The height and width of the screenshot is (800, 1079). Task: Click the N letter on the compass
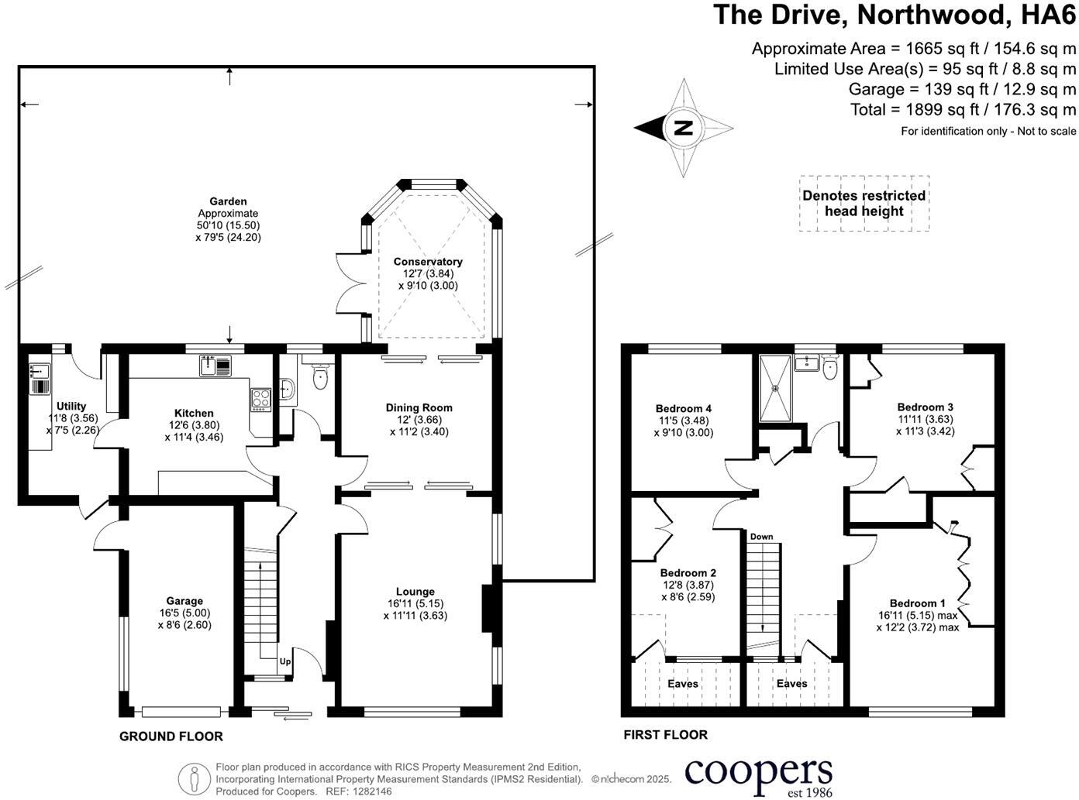(684, 128)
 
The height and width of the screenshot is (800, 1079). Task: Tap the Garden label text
(228, 201)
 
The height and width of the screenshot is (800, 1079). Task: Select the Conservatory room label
(428, 262)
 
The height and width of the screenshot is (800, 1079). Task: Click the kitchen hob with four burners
(260, 400)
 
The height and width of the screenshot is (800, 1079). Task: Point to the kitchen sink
(215, 366)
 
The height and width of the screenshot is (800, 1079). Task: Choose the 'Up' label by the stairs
(285, 661)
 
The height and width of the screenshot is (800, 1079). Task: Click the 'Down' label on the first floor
(761, 537)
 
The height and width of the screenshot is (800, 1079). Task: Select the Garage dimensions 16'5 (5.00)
(184, 613)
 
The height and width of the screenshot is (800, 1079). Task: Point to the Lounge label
(415, 592)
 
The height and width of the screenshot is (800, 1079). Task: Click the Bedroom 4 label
(684, 408)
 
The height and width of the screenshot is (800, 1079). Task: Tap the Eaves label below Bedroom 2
(683, 684)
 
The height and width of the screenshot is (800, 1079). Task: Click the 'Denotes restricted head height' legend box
(864, 203)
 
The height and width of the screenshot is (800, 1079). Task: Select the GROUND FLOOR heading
(171, 736)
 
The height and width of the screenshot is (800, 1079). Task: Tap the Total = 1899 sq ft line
(964, 109)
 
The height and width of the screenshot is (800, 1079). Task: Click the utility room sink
(40, 373)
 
